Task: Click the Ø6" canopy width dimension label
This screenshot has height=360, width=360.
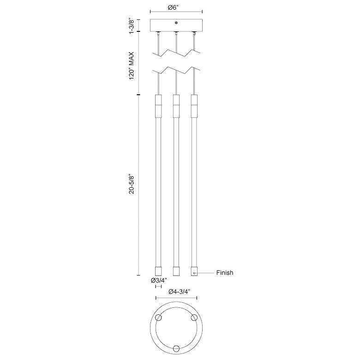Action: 173,7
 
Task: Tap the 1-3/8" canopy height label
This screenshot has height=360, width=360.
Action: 132,25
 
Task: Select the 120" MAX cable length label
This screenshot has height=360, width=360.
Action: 132,66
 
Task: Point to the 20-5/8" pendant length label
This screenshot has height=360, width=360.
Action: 132,185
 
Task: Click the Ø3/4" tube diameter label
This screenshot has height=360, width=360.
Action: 159,280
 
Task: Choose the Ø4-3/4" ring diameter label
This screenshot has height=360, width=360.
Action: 180,292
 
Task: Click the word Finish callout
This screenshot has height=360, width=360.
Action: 225,272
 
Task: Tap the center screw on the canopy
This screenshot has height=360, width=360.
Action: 176,23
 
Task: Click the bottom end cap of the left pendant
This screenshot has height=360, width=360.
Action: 158,271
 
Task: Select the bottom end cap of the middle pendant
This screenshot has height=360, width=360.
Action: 176,271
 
